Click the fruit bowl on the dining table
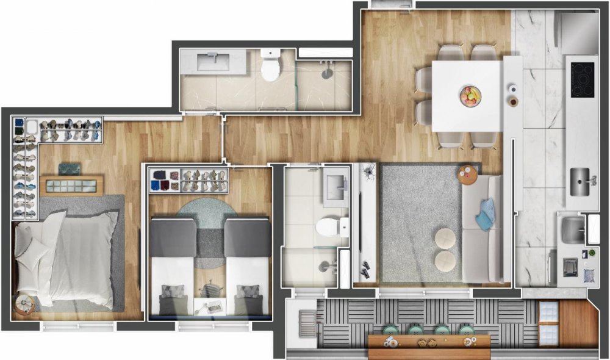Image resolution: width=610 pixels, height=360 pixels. tap(470, 95)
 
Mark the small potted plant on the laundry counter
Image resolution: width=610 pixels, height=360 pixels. tap(590, 253)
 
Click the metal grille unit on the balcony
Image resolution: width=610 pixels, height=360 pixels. tap(307, 320)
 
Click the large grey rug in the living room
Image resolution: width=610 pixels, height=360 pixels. tap(421, 220)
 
